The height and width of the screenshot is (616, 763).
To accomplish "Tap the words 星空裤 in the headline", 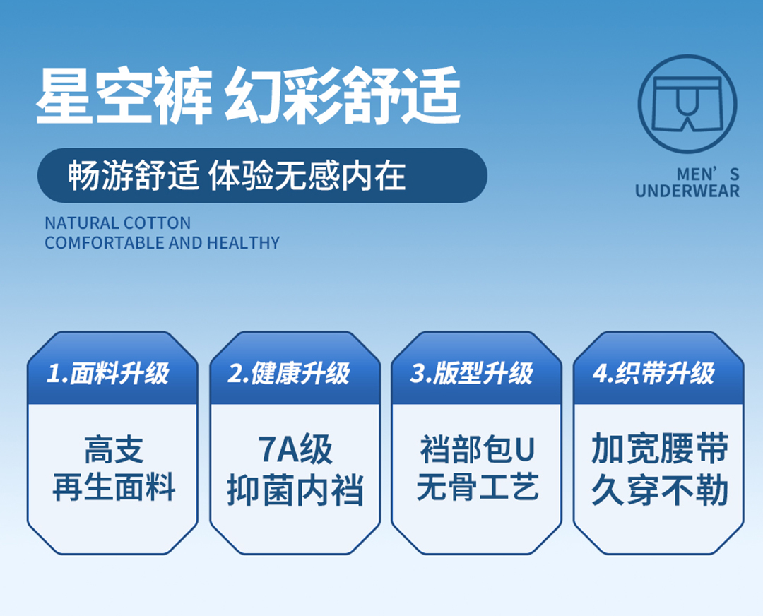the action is point(124,96).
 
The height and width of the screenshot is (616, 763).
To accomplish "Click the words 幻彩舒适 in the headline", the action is point(343,96).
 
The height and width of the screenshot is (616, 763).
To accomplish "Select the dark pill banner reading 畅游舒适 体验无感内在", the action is point(262,175).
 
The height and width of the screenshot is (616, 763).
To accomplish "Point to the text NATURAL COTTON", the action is point(118,223).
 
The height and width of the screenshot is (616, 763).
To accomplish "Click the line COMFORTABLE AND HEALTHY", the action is point(162,242).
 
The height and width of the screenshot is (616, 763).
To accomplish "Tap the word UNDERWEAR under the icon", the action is point(687,191).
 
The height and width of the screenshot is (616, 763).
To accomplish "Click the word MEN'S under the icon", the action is point(708,174).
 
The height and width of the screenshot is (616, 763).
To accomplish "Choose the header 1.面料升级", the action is point(107,373).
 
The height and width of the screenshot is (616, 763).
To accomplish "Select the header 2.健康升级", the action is point(289,373).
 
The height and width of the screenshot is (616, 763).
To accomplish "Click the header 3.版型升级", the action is point(471,373).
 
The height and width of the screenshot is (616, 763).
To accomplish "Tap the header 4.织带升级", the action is point(653,373).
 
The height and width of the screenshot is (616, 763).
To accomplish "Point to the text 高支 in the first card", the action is point(114,450).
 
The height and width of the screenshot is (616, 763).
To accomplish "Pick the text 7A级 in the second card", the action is point(295,449).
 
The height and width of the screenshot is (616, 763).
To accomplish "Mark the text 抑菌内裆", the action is point(295,490).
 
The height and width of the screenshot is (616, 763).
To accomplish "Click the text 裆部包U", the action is point(478,449).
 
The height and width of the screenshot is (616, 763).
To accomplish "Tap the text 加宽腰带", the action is point(659,449).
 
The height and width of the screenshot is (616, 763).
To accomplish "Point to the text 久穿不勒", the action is point(659,490).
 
